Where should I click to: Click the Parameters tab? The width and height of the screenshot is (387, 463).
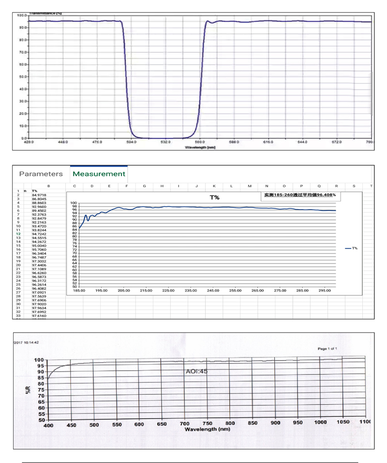click(x=41, y=174)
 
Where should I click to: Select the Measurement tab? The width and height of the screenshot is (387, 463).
click(x=99, y=174)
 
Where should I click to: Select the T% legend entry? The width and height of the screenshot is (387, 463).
click(x=352, y=248)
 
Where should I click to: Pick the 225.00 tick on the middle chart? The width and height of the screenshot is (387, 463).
click(x=168, y=290)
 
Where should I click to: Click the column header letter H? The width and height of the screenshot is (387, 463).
click(x=162, y=186)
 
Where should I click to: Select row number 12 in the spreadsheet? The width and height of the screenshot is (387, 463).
click(x=18, y=234)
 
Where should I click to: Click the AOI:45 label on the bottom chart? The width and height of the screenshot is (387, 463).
click(x=197, y=372)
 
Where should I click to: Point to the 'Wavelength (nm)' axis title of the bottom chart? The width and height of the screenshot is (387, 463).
click(x=207, y=429)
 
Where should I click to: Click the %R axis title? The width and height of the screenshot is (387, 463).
click(x=28, y=390)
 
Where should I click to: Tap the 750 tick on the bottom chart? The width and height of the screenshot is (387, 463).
click(x=207, y=423)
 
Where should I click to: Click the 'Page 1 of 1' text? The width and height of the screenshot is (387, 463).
click(x=327, y=348)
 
